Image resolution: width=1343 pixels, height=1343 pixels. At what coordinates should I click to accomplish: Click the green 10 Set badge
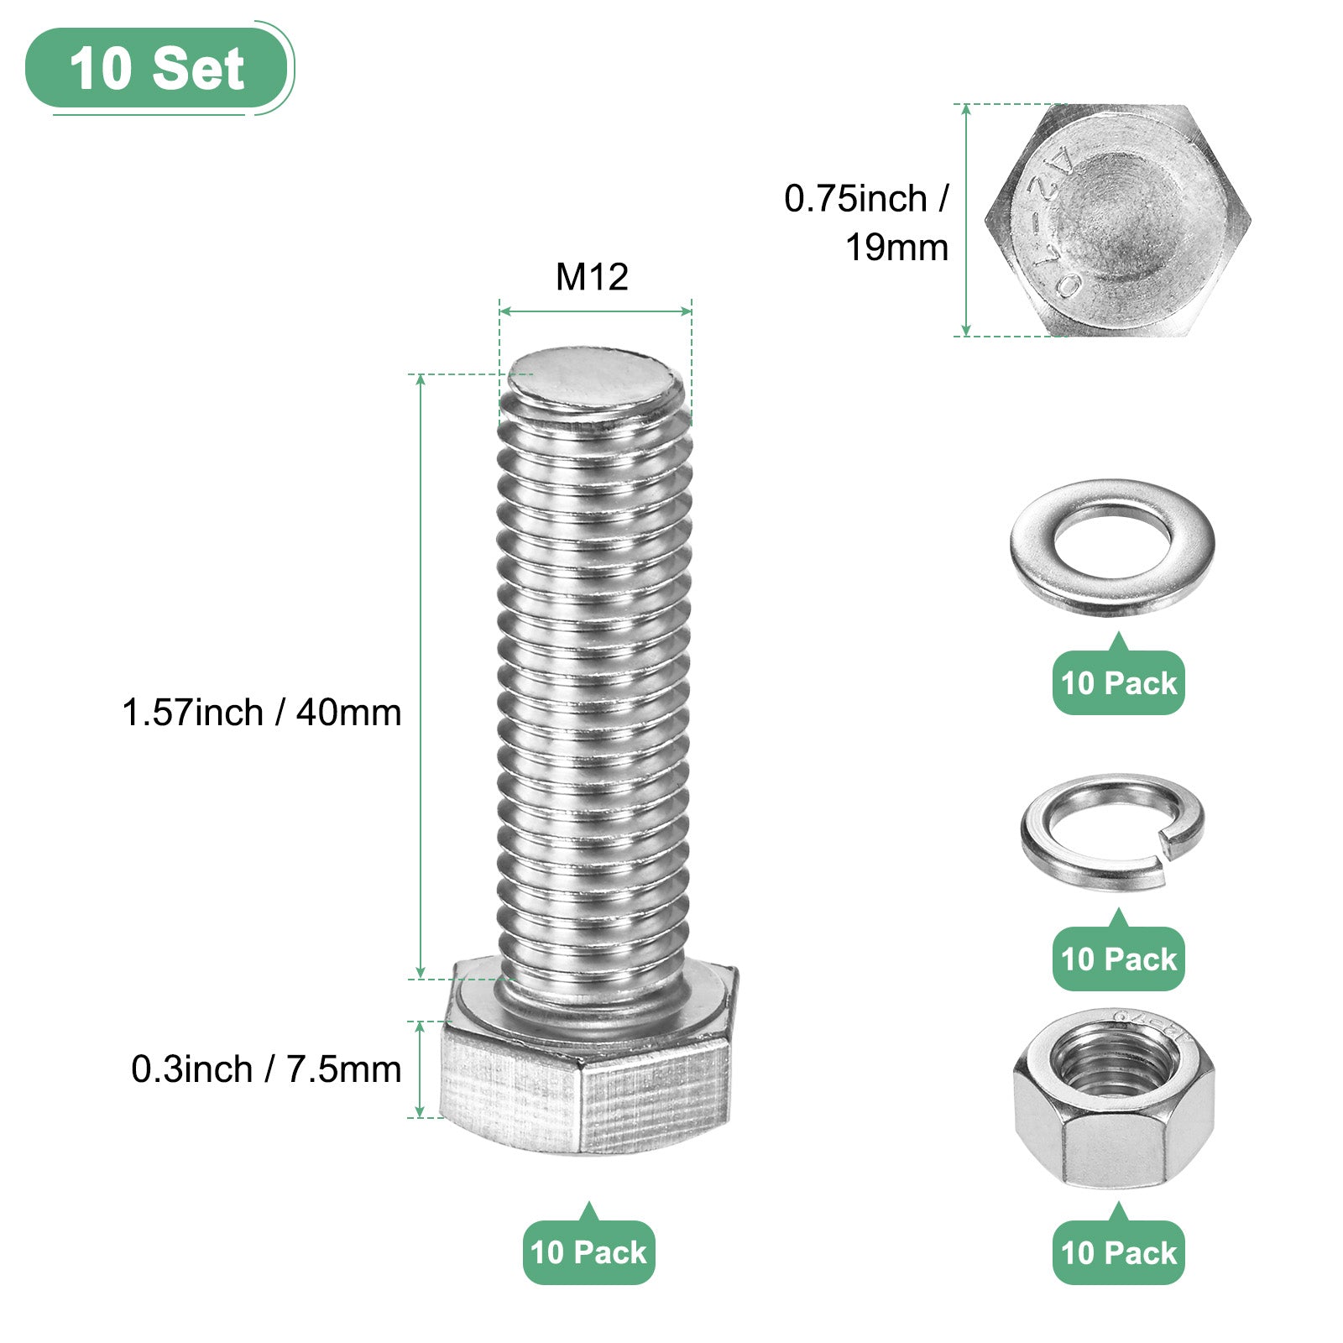157,68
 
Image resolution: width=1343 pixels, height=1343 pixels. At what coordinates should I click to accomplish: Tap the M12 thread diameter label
592,277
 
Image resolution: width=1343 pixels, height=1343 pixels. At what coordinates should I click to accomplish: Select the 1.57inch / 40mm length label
262,713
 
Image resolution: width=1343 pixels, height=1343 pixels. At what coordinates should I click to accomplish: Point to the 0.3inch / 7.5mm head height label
266,1069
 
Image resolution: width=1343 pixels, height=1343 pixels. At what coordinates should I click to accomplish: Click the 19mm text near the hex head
896,248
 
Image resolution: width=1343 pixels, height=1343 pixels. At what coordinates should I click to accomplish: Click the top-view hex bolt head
1118,220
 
